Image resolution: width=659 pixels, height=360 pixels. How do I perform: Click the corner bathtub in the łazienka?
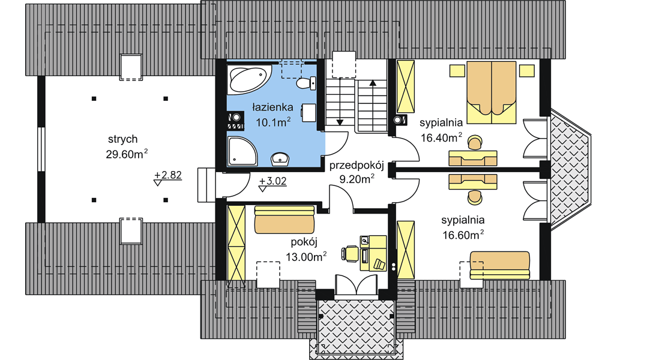coord(248,79)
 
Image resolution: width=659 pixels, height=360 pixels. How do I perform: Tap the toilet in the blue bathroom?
coord(306,83)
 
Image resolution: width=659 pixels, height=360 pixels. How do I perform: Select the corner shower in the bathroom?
coord(242,151)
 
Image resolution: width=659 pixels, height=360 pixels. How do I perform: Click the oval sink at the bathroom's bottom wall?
coord(280,159)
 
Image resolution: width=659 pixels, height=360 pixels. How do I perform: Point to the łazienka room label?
coord(272,107)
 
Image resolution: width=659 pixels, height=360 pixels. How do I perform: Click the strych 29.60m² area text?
coord(127,146)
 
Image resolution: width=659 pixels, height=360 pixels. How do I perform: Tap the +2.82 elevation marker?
coord(167,178)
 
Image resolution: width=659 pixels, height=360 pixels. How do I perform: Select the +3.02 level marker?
coord(272,184)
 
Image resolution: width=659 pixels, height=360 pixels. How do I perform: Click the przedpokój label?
coord(357,165)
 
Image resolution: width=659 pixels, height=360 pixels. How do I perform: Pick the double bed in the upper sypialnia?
coord(492,92)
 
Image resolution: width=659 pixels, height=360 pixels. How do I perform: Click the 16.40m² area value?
coord(441,137)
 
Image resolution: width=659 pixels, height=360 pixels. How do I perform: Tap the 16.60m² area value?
coord(463,235)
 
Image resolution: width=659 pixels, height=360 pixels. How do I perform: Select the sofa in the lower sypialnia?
coord(500,265)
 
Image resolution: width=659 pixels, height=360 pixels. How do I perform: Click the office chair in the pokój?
coord(350,254)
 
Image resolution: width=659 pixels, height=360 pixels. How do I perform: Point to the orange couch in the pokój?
coord(284,219)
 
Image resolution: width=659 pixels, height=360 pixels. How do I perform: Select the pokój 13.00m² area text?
coord(306,249)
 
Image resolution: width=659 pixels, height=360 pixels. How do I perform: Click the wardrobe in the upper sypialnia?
coord(406,87)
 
